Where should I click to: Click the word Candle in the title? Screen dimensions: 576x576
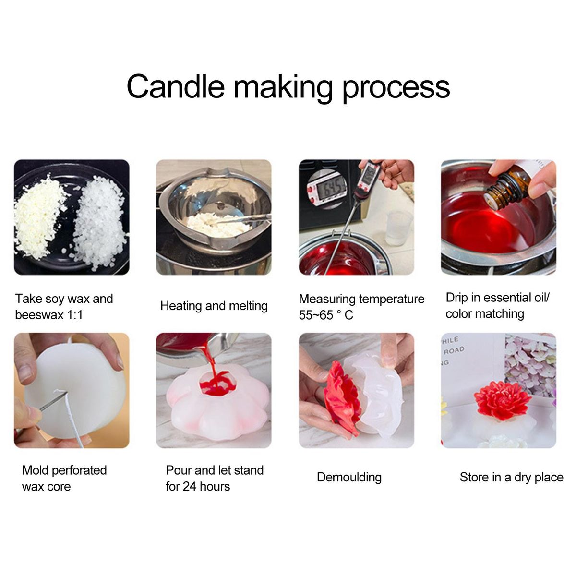point(176,86)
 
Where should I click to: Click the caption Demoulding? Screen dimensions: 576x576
point(349,477)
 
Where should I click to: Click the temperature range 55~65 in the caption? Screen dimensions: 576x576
point(316,315)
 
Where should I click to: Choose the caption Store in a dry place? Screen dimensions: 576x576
point(511,477)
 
